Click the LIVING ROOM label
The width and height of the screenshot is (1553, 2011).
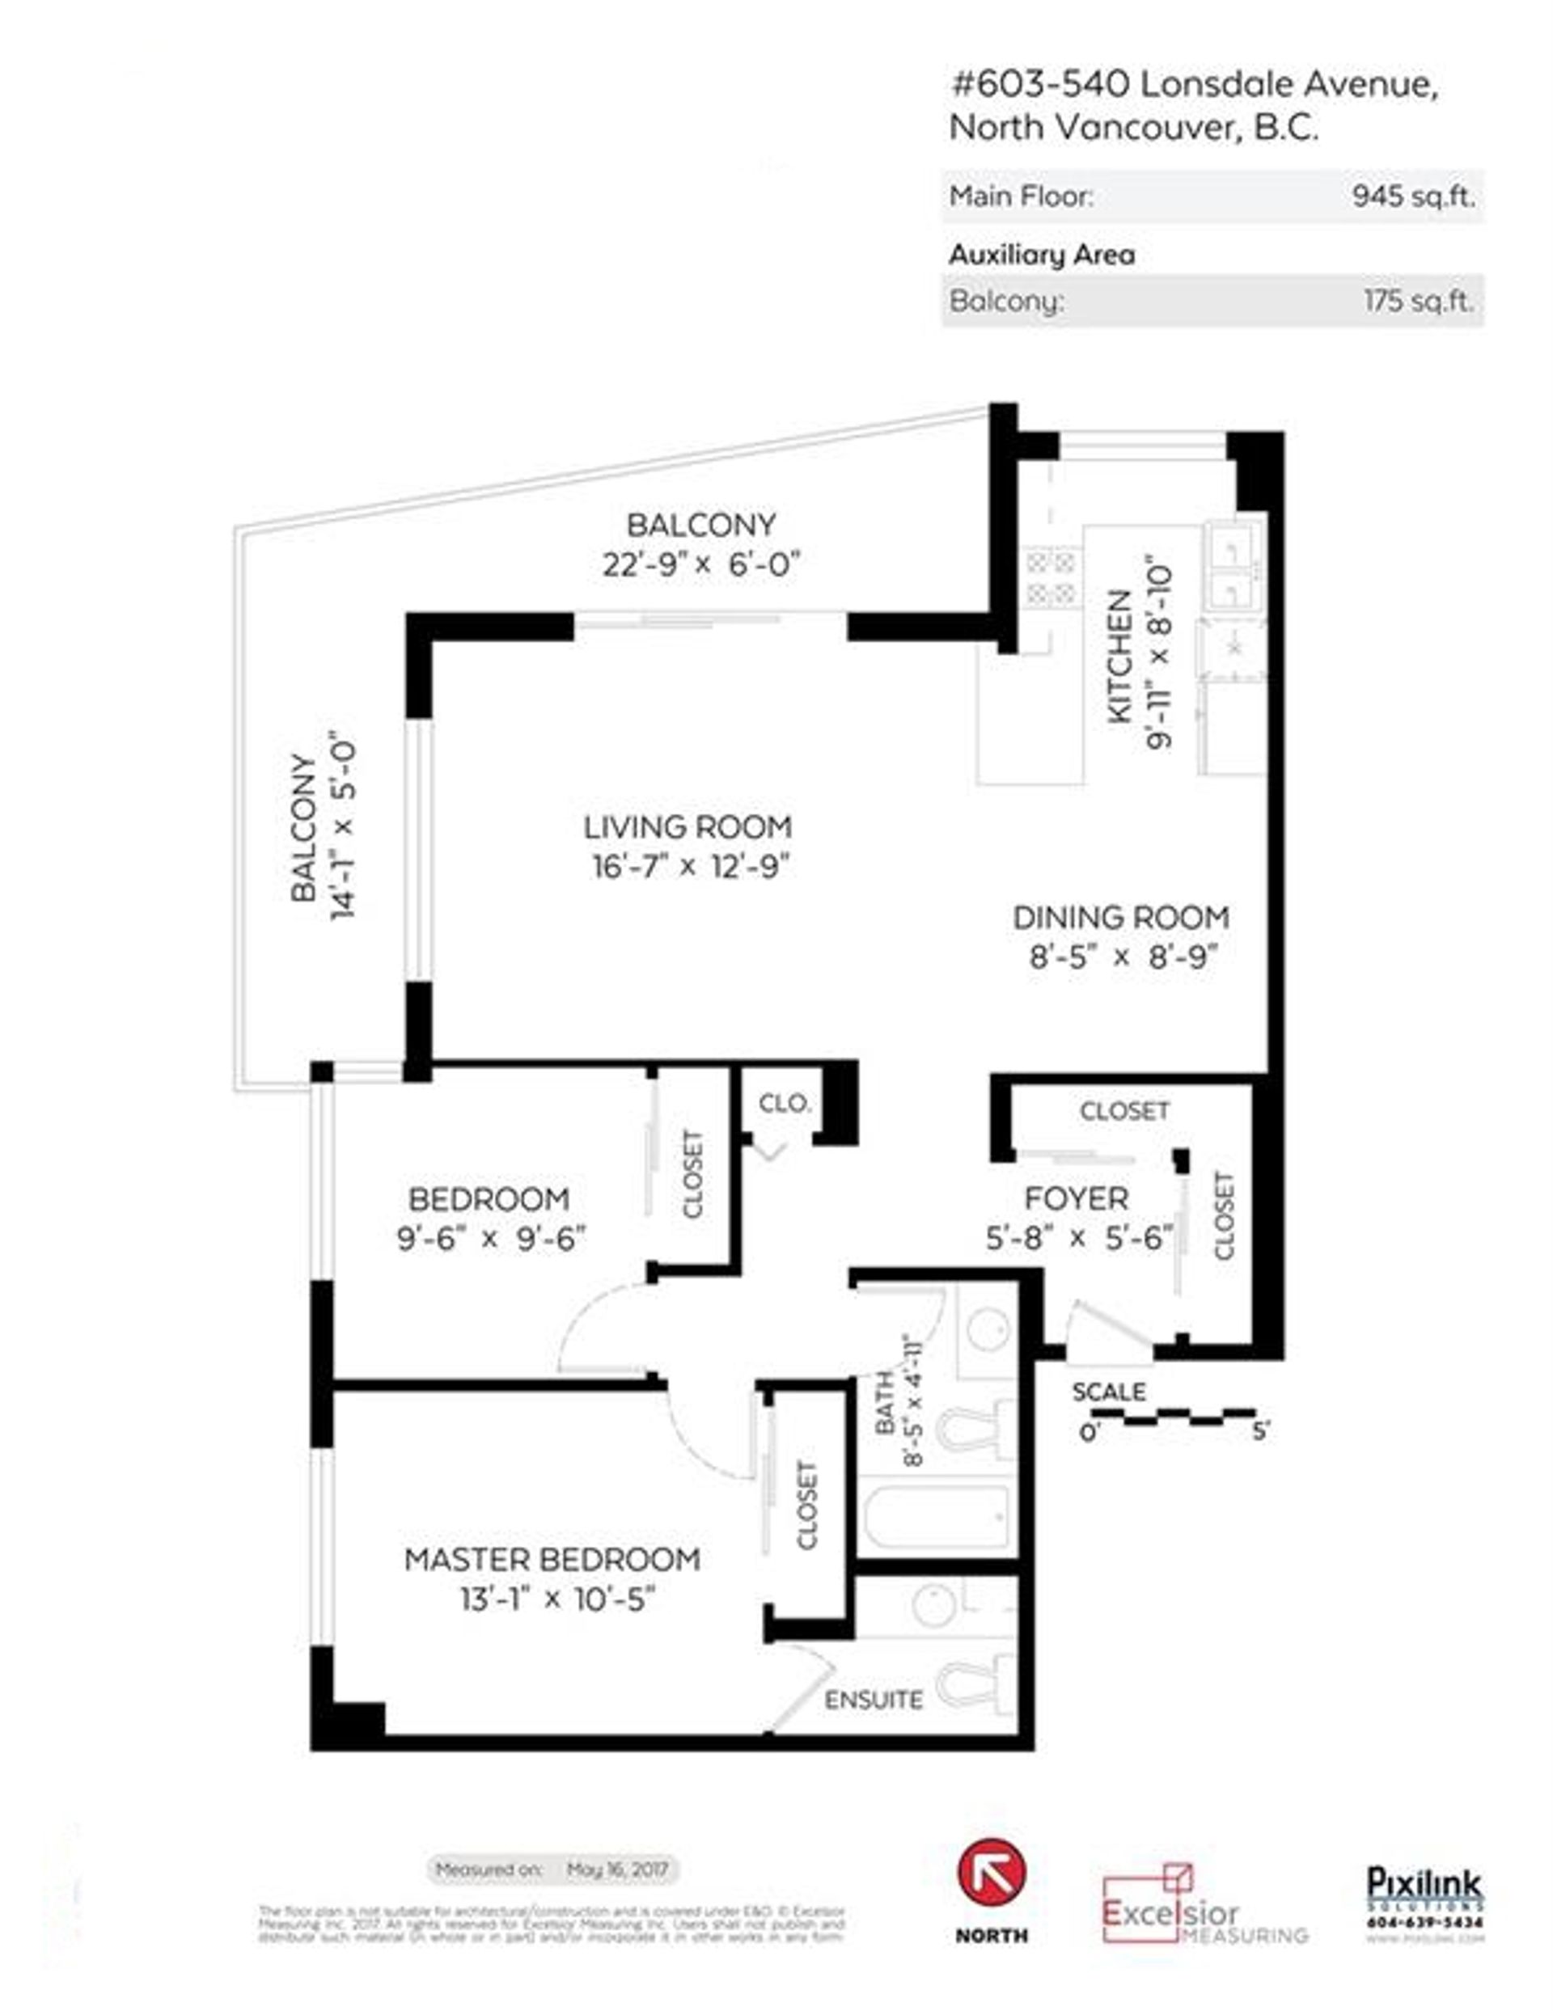(x=688, y=827)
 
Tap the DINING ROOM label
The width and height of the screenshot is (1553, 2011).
(x=1121, y=917)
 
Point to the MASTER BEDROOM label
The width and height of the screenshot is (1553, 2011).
(x=552, y=1560)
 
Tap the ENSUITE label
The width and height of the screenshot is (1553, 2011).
(x=874, y=1700)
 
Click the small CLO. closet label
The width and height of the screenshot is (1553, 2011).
(x=785, y=1103)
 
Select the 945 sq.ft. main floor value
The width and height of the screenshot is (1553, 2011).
(x=1413, y=196)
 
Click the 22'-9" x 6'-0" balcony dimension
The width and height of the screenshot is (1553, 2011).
(x=701, y=564)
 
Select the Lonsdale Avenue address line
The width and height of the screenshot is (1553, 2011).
(x=1194, y=85)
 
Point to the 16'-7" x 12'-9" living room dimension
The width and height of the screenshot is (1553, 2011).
(x=691, y=867)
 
